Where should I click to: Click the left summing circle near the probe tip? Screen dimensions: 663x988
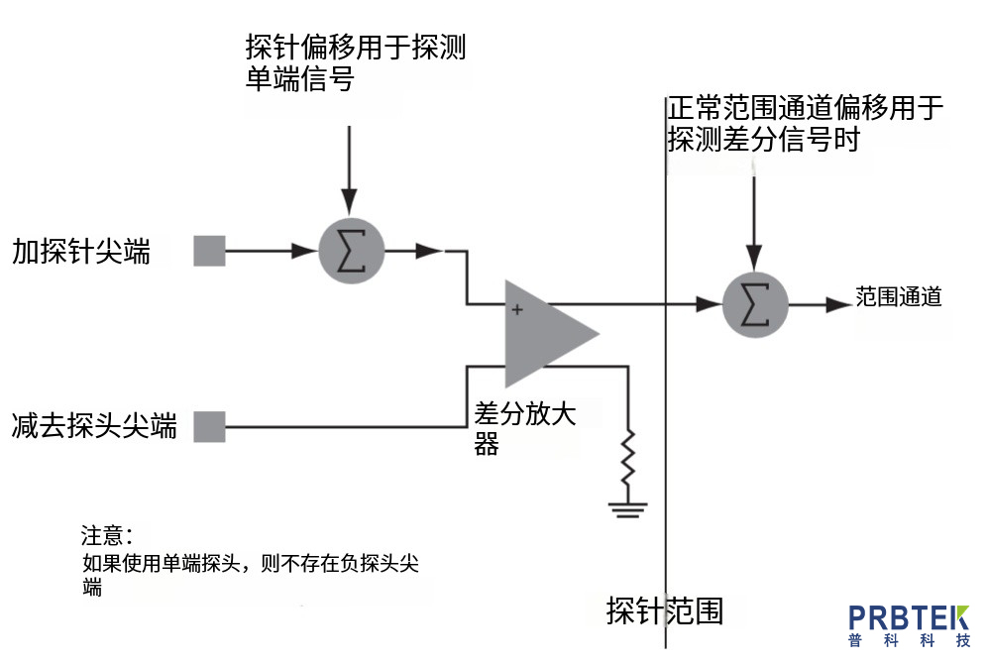(351, 253)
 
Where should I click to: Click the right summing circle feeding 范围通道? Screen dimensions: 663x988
(755, 304)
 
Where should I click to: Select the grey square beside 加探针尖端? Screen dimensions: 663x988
(209, 252)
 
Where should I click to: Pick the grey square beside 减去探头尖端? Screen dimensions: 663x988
(209, 426)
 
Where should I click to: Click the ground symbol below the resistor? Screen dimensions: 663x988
(627, 509)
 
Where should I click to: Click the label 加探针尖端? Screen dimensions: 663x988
(81, 253)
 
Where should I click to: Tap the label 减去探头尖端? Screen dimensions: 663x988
(95, 427)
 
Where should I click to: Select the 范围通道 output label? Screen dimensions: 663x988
(898, 297)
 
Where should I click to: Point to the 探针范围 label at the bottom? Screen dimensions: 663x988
(665, 611)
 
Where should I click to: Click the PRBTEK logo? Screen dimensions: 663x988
(909, 624)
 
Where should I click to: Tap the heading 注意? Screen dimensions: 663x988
(106, 536)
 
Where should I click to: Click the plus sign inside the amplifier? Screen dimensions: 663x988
(516, 310)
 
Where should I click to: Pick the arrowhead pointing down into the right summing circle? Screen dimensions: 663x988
(755, 257)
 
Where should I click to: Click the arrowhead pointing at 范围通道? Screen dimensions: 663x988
(838, 304)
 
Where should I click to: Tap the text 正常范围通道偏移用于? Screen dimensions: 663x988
(806, 108)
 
